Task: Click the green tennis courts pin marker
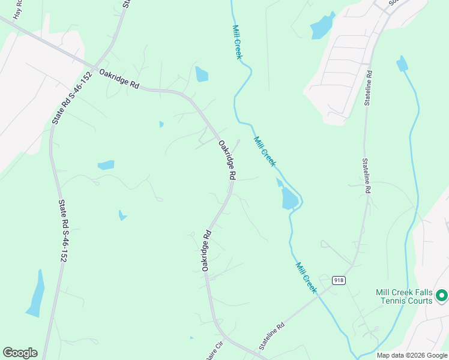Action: pos(442,295)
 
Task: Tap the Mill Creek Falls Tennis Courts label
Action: pos(404,296)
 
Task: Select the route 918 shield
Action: pos(339,280)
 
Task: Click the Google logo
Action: pos(20,353)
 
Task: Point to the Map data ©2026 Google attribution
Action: pos(412,355)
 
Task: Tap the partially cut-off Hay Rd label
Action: pos(18,9)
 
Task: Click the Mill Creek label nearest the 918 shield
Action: pos(306,277)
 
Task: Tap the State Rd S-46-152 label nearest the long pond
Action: pos(62,231)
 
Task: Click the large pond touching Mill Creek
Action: pos(289,197)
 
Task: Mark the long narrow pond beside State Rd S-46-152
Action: pos(35,293)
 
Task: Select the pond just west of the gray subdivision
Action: pos(321,26)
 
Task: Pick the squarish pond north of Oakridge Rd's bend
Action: pos(201,74)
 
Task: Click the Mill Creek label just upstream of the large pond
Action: pos(265,152)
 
